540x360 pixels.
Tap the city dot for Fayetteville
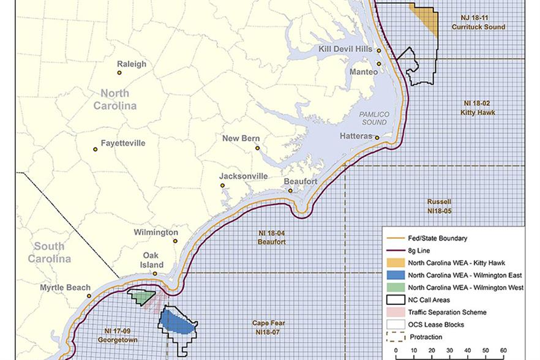pyautogui.click(x=96, y=149)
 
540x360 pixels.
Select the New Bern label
pyautogui.click(x=239, y=138)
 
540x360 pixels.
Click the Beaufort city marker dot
pyautogui.click(x=291, y=190)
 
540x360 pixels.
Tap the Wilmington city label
pyautogui.click(x=156, y=233)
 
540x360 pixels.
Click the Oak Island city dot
pyautogui.click(x=155, y=274)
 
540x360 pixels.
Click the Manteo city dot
pyautogui.click(x=380, y=64)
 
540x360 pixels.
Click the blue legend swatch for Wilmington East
pyautogui.click(x=394, y=276)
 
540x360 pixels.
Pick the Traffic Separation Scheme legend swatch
pyautogui.click(x=394, y=312)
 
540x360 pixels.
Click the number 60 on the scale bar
pyautogui.click(x=503, y=351)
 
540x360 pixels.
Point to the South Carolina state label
pyautogui.click(x=48, y=252)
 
